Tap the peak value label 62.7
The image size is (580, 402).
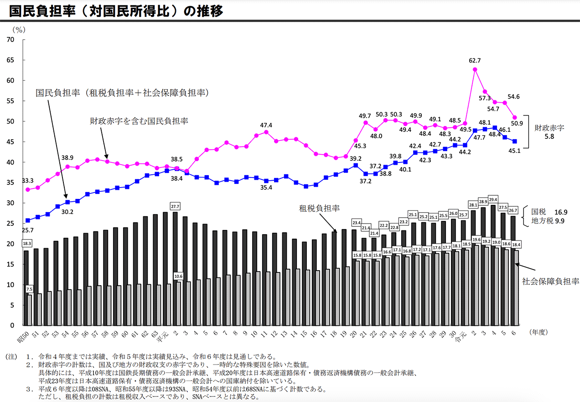tap(475, 59)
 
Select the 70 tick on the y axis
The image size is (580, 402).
tap(10, 40)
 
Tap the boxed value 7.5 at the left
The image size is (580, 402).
tap(29, 289)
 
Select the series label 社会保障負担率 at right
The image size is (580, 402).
tap(550, 281)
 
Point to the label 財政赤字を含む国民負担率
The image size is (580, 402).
tap(139, 121)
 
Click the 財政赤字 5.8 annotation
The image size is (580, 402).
tap(549, 132)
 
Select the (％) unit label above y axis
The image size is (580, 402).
tap(19, 30)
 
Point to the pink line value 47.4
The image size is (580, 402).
tap(266, 125)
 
